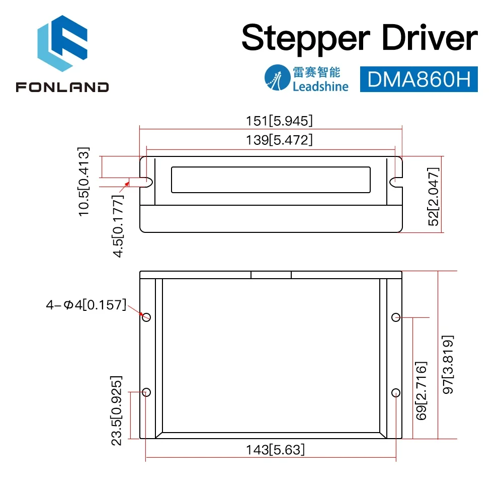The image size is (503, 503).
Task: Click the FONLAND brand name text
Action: (x=62, y=87)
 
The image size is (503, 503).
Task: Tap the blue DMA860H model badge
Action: (x=418, y=79)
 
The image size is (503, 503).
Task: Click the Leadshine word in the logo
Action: (x=320, y=86)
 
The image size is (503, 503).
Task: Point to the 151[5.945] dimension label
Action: (x=271, y=121)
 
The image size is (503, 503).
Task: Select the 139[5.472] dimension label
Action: (x=271, y=140)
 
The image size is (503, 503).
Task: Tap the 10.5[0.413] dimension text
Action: (x=83, y=181)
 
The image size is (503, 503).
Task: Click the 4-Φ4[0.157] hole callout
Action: (x=86, y=304)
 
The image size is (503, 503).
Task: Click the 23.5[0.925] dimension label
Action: (x=116, y=410)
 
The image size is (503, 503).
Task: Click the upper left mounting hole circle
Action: (x=146, y=317)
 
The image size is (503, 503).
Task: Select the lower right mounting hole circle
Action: (x=395, y=392)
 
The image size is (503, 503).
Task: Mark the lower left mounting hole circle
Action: (x=146, y=392)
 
